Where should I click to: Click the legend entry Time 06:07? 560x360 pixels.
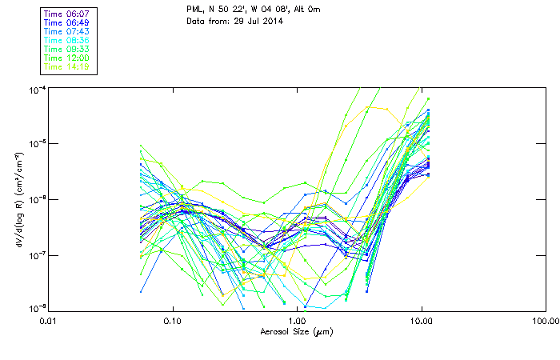coord(66,14)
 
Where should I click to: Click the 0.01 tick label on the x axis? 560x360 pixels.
coord(49,321)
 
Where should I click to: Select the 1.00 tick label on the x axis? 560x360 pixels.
coord(298,321)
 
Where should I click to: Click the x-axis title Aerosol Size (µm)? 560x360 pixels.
coord(296,331)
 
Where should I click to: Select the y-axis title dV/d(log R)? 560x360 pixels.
coord(15,198)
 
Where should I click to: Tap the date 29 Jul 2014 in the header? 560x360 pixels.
coord(248,22)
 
